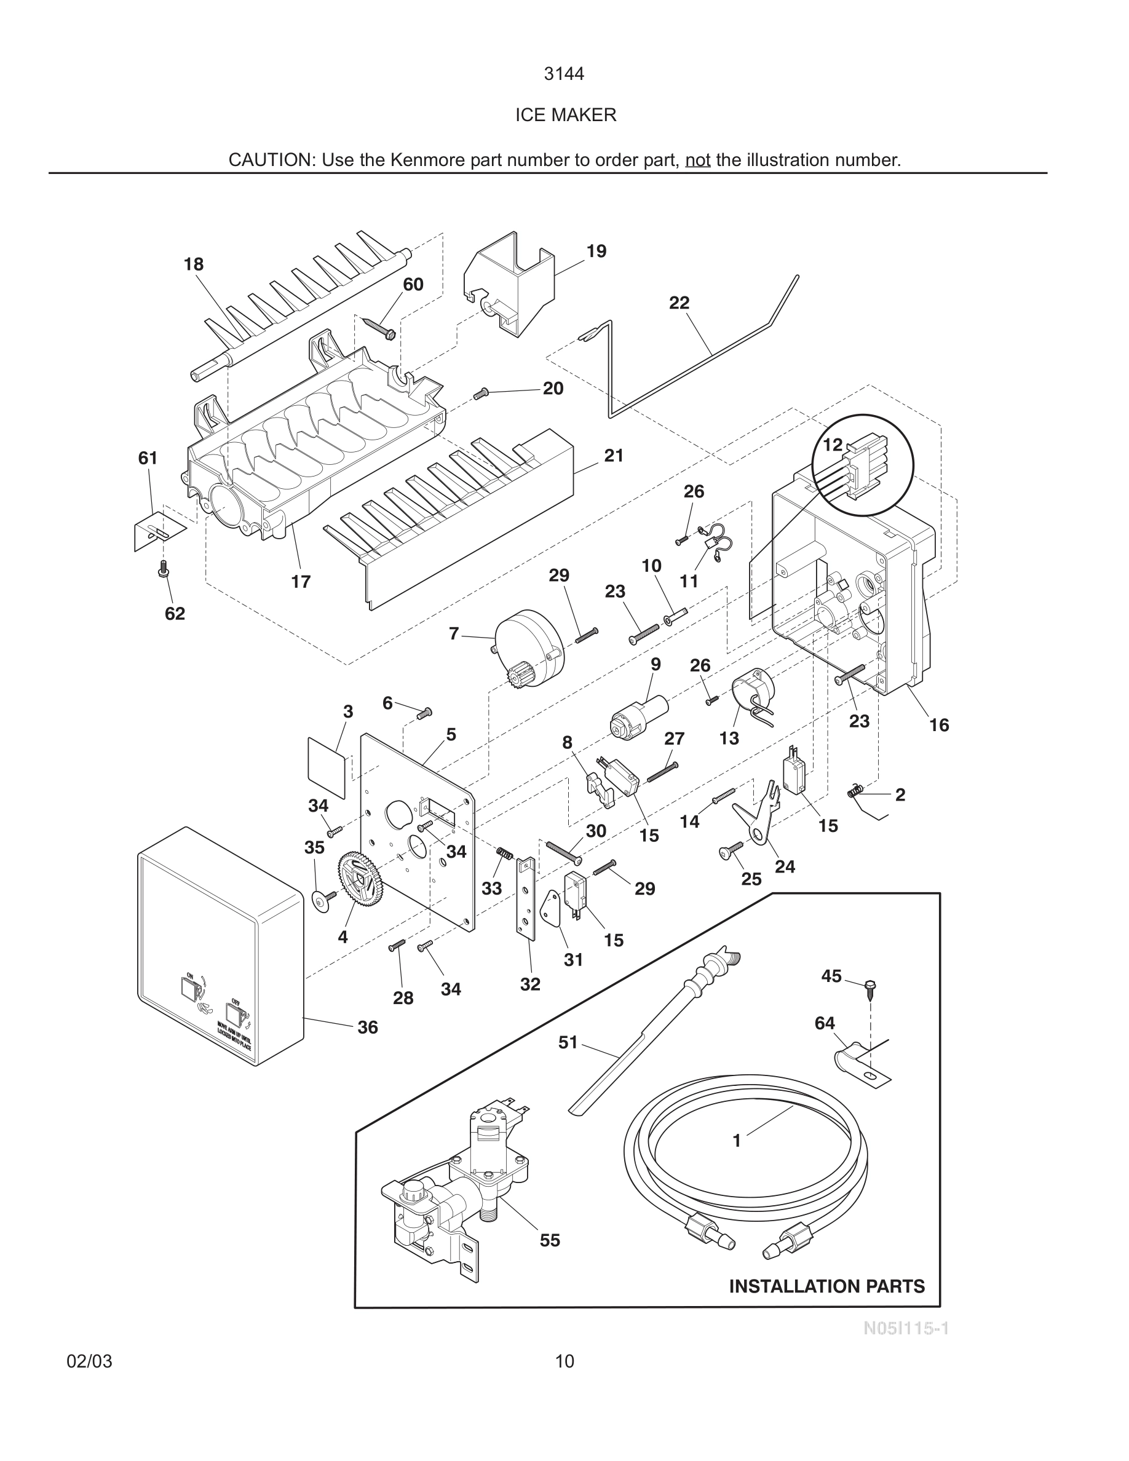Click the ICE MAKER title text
565,115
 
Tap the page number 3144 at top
564,74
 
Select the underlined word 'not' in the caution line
697,160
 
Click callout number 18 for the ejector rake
193,264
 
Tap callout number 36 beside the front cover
367,1027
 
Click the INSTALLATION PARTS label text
826,1286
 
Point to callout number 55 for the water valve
550,1240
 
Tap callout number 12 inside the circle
833,444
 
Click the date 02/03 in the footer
90,1361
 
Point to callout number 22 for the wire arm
679,303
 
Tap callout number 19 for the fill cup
596,251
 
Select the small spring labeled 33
504,853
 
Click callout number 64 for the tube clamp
825,1023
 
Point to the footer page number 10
564,1361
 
